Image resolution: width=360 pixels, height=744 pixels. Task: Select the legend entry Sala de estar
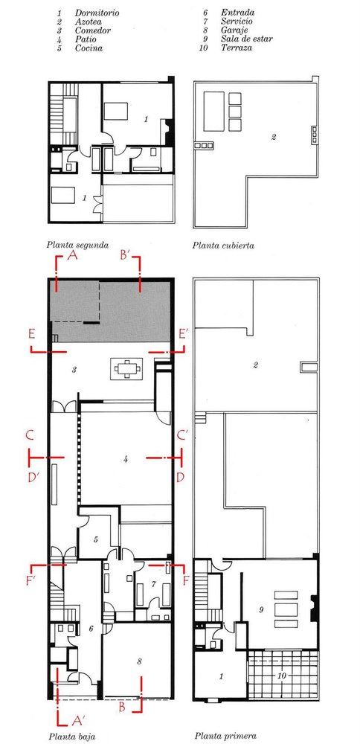(247, 39)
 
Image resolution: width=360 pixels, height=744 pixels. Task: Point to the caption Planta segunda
(78, 246)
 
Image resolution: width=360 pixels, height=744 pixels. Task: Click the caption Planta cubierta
(223, 246)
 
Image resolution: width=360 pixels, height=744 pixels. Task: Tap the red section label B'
(126, 256)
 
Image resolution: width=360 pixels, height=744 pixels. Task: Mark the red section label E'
(183, 335)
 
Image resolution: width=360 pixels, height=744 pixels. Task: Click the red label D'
(33, 478)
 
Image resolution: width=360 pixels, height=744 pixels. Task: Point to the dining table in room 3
(126, 369)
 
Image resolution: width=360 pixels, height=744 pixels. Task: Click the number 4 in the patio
(126, 459)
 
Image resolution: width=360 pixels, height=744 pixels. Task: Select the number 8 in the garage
(139, 661)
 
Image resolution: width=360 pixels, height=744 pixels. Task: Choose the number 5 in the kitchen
(96, 539)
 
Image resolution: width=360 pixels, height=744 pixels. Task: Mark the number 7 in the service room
(154, 583)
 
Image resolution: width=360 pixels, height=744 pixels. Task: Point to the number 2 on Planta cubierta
(274, 138)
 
